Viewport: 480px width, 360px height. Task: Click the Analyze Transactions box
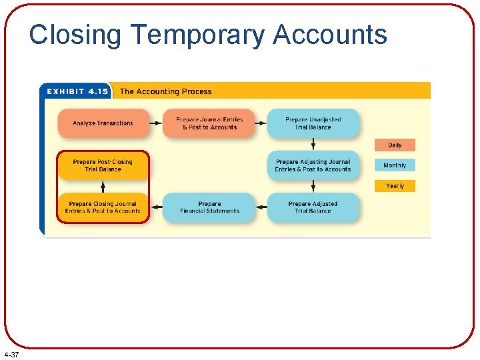point(103,123)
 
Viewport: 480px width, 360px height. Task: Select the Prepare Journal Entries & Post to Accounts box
point(209,123)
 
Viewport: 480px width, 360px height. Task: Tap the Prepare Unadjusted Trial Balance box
point(313,123)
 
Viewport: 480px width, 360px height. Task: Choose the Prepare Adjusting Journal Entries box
point(313,165)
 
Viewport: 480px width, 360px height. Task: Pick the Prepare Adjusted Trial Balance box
point(313,207)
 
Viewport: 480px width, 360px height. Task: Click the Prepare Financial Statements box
point(209,207)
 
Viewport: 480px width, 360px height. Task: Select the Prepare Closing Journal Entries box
point(103,207)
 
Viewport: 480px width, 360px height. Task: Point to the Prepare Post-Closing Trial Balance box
point(103,165)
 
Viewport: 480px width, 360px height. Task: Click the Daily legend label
point(395,145)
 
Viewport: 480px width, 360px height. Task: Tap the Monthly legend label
point(395,165)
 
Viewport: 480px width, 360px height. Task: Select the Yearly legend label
point(395,186)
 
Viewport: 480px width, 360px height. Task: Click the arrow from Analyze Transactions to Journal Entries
point(156,123)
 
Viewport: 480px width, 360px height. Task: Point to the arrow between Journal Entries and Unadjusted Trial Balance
point(261,123)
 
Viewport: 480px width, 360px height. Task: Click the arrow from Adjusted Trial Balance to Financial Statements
point(261,207)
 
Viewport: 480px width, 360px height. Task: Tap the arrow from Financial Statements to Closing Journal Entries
point(156,207)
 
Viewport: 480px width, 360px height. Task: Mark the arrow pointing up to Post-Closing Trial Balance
point(103,187)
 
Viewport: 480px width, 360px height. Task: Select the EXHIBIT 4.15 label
point(75,92)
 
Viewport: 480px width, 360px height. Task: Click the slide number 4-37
point(11,354)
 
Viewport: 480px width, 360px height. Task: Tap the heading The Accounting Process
point(165,92)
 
